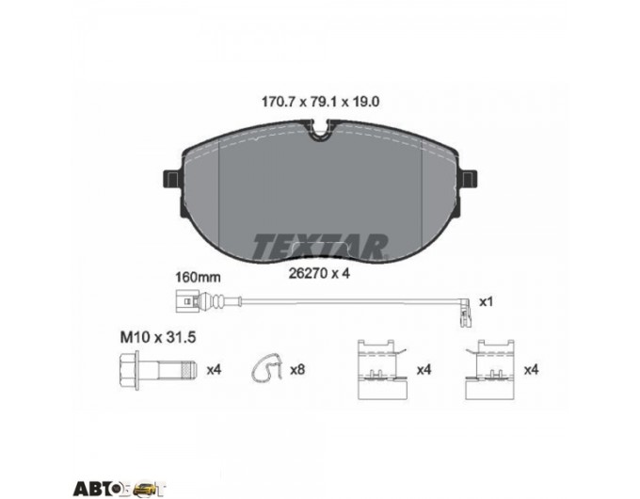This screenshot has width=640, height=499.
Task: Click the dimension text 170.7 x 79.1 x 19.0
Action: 320,102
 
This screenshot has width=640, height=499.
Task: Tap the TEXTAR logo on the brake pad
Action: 320,247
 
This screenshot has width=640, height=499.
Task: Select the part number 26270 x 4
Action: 319,273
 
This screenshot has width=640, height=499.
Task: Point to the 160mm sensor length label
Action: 198,278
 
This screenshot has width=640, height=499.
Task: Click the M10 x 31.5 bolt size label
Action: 158,337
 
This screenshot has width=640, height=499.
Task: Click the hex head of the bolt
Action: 129,370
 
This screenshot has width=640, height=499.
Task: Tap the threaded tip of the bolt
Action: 189,370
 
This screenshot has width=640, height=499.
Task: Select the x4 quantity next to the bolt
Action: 214,370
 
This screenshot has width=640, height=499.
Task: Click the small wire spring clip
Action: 266,369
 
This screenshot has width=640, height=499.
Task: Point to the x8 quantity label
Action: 297,370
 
